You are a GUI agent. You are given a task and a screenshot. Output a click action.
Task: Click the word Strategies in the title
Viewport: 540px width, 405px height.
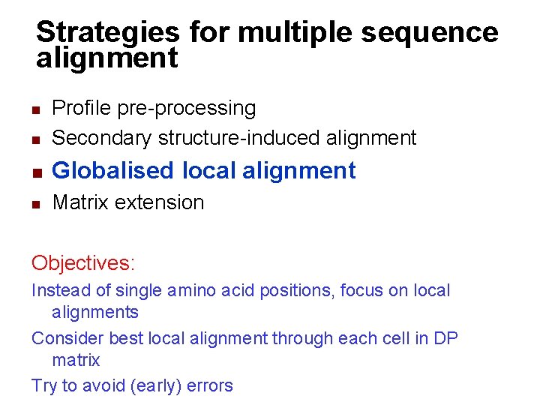pyautogui.click(x=107, y=32)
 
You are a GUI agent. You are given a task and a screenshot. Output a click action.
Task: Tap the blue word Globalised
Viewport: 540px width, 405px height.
pyautogui.click(x=112, y=171)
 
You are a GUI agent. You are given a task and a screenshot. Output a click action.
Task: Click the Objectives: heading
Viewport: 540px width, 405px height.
pyautogui.click(x=83, y=263)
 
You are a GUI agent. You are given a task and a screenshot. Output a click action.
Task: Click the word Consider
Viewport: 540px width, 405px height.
pyautogui.click(x=68, y=338)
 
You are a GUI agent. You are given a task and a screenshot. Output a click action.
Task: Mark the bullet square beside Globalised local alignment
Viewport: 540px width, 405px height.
pyautogui.click(x=35, y=172)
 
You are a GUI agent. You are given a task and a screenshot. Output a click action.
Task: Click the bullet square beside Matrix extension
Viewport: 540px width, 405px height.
pyautogui.click(x=35, y=203)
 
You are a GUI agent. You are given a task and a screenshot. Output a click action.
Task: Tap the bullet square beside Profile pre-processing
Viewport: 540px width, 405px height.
pyautogui.click(x=35, y=109)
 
